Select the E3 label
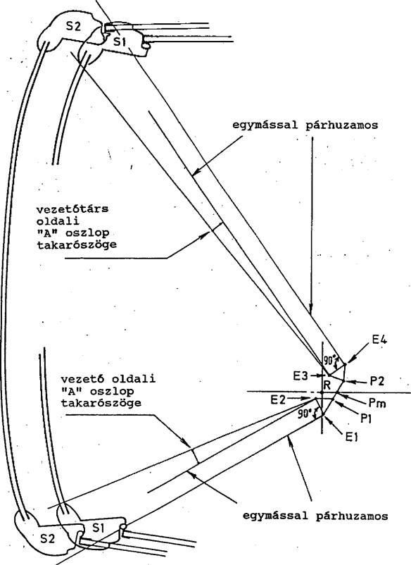tap(301, 376)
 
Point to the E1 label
tap(351, 437)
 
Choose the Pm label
tap(377, 402)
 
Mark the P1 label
tap(367, 418)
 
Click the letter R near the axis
tap(327, 385)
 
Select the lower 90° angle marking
tap(305, 414)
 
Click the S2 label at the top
tap(73, 26)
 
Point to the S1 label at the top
tap(120, 42)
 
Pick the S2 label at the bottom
tap(48, 539)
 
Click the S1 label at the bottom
tap(99, 528)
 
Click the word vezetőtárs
tap(72, 209)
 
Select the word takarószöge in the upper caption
tap(77, 245)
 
